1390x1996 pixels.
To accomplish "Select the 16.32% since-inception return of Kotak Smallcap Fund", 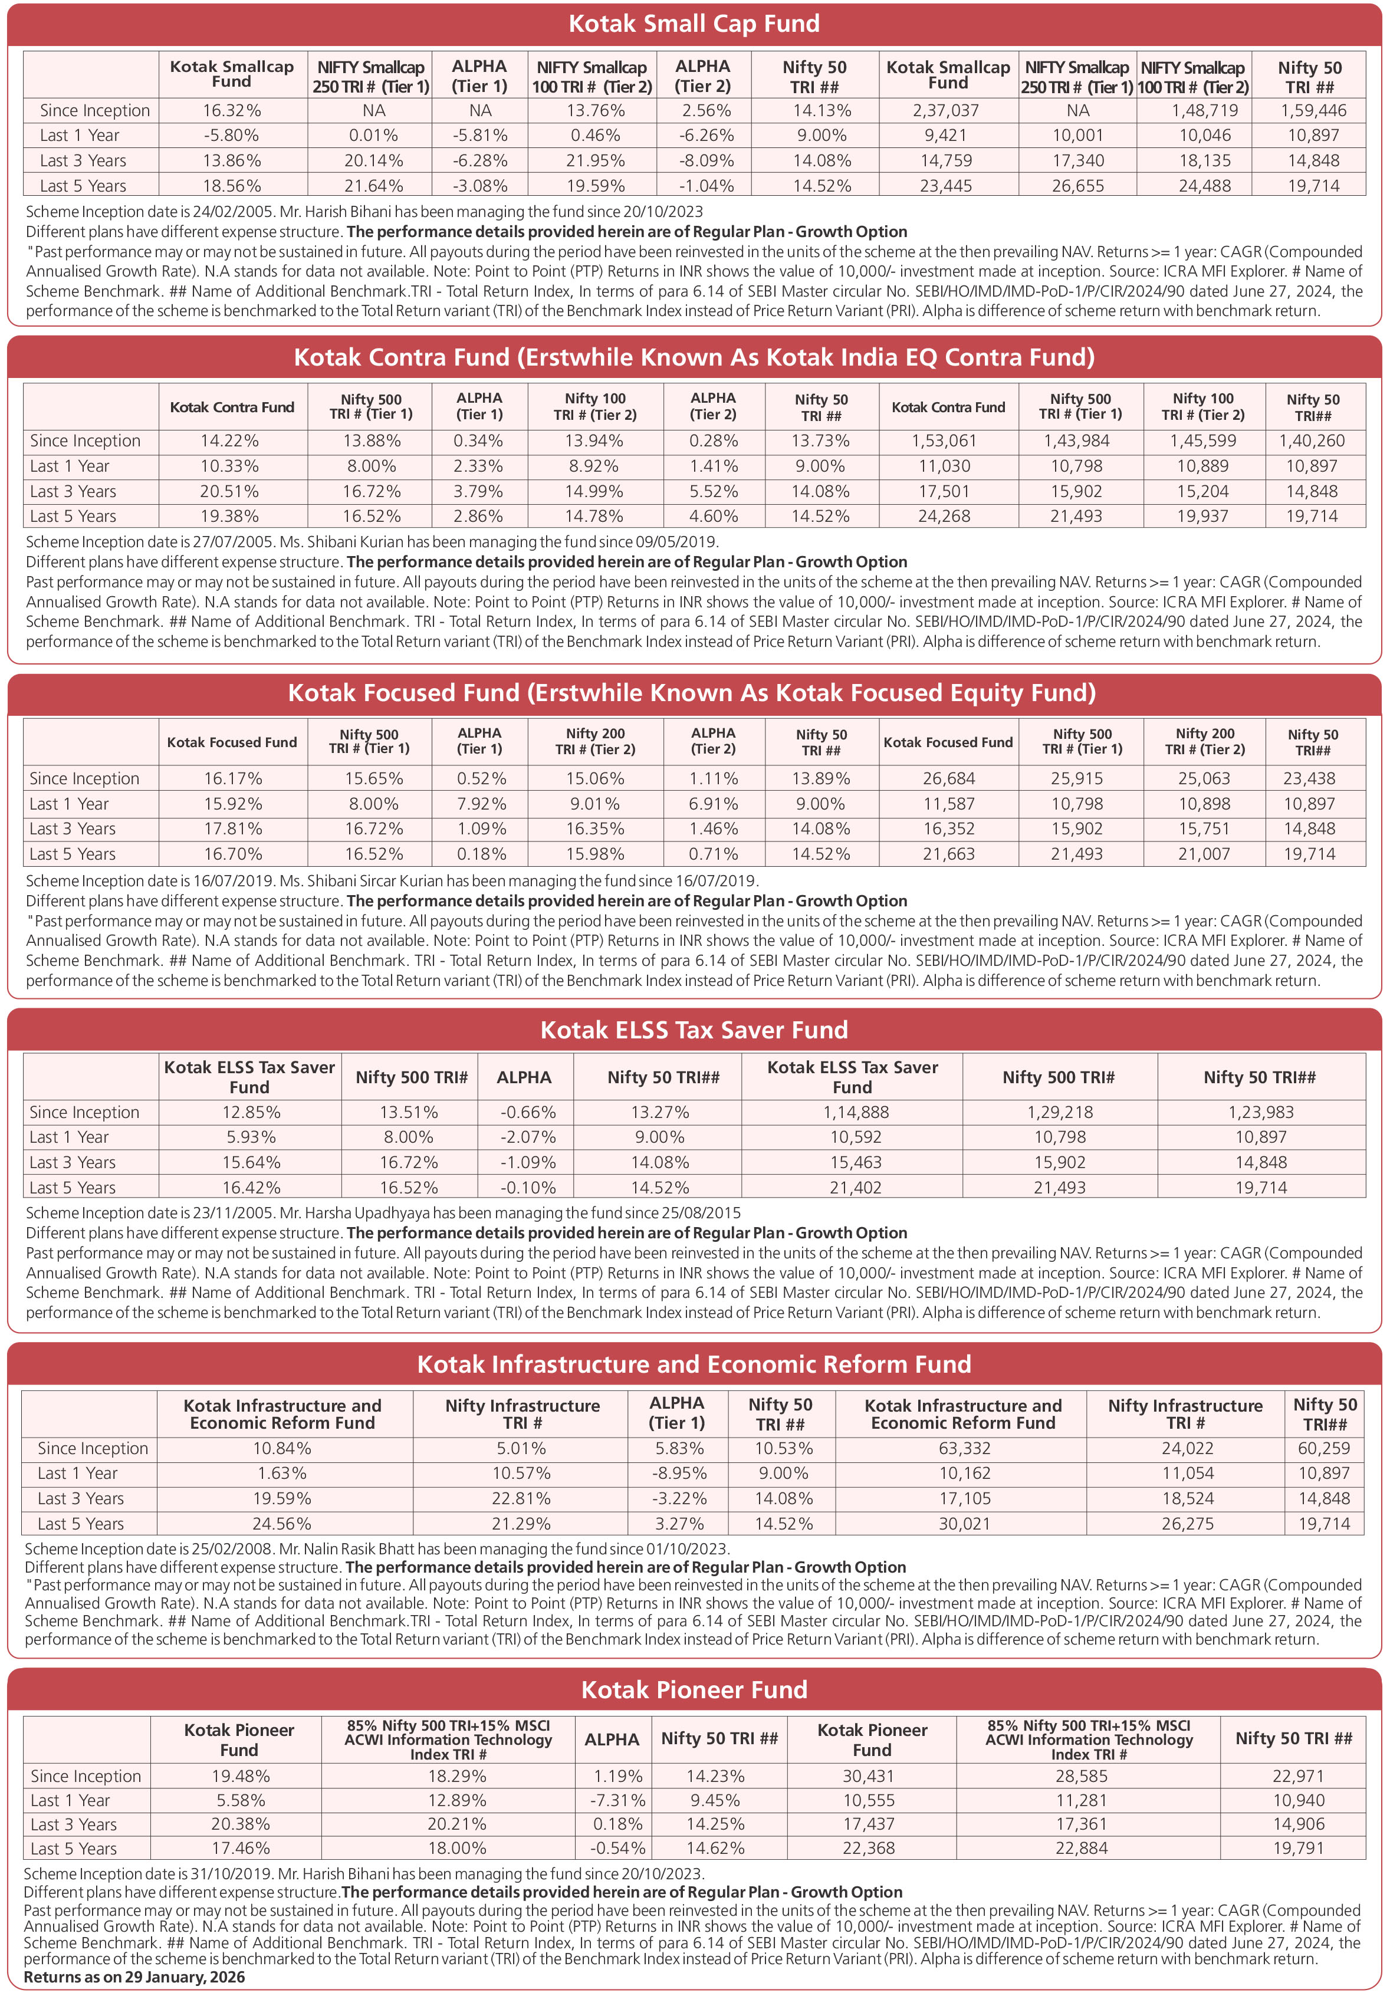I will (x=232, y=110).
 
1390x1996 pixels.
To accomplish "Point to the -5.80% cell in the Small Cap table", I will (x=232, y=136).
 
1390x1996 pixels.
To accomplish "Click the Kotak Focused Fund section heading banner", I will (x=692, y=693).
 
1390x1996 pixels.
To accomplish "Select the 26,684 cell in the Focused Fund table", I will (x=948, y=779).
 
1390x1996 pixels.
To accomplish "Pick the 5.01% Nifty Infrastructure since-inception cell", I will (x=521, y=1448).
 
